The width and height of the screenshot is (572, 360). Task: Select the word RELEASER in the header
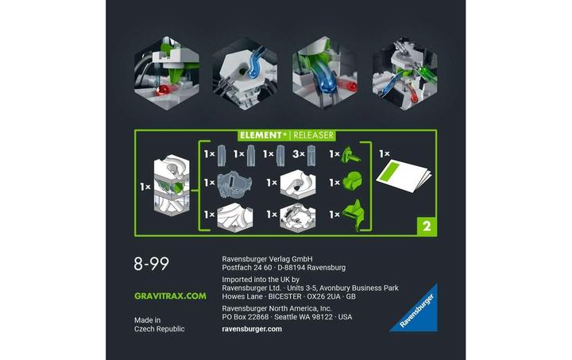[x=312, y=135]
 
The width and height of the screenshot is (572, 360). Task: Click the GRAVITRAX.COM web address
[x=170, y=296]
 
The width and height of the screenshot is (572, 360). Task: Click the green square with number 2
[x=426, y=226]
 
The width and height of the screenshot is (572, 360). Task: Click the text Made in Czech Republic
[x=159, y=324]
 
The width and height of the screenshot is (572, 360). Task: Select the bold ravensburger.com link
[x=252, y=329]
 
